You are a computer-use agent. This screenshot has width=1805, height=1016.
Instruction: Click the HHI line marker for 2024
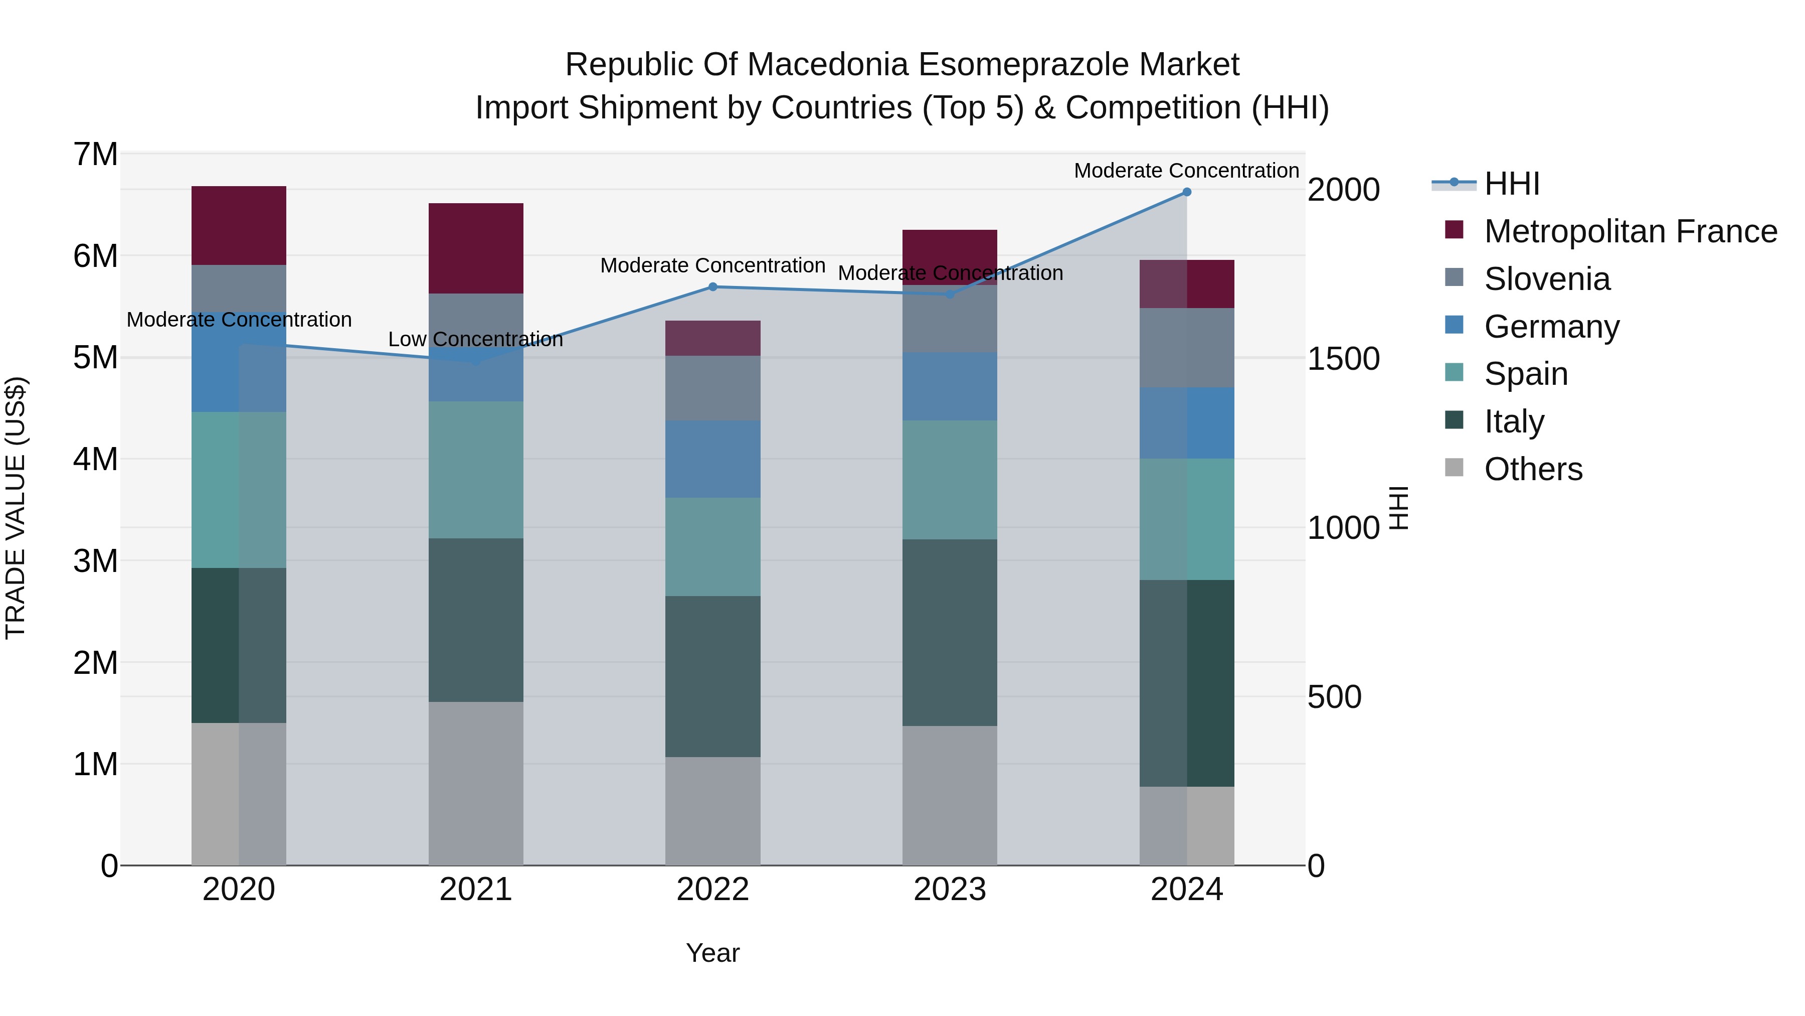(x=1186, y=192)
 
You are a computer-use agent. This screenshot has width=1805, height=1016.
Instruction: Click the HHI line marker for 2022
(x=712, y=287)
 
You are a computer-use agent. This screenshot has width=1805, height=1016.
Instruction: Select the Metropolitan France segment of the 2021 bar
(x=476, y=248)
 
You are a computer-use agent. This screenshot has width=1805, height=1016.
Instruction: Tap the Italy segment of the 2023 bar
(x=950, y=633)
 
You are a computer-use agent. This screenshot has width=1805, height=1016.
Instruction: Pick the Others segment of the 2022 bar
(x=712, y=811)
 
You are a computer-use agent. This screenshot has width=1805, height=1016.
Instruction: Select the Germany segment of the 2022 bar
(x=712, y=459)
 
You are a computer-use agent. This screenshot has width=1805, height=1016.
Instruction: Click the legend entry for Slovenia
(x=1546, y=279)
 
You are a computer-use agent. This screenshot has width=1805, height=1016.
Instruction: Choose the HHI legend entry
(x=1511, y=184)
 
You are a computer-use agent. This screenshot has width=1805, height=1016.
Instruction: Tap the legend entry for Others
(x=1532, y=469)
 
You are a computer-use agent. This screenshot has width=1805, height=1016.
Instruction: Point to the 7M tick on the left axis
(x=95, y=154)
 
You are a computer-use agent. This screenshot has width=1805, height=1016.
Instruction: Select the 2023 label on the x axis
(x=950, y=890)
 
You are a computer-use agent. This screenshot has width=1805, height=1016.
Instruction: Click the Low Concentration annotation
(x=475, y=339)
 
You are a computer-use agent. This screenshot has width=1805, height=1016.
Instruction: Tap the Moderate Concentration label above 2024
(x=1186, y=171)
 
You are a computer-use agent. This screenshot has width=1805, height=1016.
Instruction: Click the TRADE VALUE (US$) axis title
(x=16, y=508)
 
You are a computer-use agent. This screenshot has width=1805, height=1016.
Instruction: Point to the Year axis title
(x=712, y=953)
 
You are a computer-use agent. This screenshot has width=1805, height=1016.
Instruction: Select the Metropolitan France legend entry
(x=1630, y=231)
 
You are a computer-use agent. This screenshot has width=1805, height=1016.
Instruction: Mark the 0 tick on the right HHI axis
(x=1317, y=866)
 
